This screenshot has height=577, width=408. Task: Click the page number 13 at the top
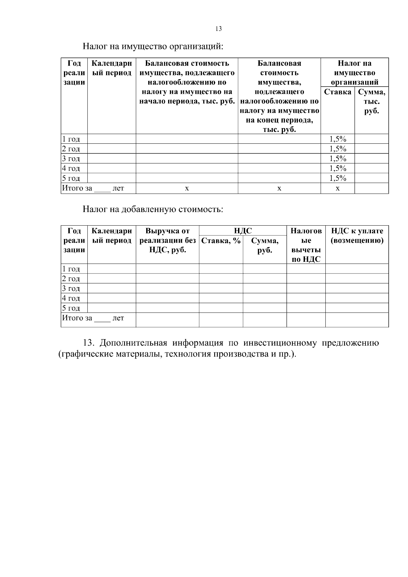[x=219, y=29]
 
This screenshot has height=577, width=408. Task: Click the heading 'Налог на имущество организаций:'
[x=153, y=46]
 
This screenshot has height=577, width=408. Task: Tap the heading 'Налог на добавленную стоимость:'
[x=153, y=209]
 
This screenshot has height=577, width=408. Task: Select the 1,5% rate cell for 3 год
[x=338, y=159]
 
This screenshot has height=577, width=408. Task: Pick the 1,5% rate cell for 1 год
[x=338, y=139]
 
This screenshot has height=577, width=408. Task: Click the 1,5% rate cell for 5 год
[x=338, y=178]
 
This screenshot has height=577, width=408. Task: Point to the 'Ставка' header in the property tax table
[x=338, y=92]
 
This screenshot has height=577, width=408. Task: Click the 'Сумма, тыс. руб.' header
[x=372, y=102]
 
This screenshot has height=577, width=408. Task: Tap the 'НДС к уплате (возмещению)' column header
[x=357, y=235]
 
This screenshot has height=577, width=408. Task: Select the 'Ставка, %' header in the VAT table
[x=221, y=241]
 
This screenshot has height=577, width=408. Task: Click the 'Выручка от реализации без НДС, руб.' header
[x=167, y=240]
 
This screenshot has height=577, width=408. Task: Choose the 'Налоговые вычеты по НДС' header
[x=306, y=245]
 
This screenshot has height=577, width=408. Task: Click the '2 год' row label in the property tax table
[x=71, y=149]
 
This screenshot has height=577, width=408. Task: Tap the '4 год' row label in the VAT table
[x=71, y=298]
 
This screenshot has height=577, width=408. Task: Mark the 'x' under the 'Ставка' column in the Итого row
[x=338, y=188]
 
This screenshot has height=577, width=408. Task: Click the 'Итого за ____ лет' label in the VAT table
[x=92, y=318]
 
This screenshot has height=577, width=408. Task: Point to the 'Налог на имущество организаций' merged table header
[x=355, y=72]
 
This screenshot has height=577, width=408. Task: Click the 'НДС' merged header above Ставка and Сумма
[x=243, y=231]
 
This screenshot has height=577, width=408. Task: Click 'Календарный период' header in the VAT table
[x=112, y=235]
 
